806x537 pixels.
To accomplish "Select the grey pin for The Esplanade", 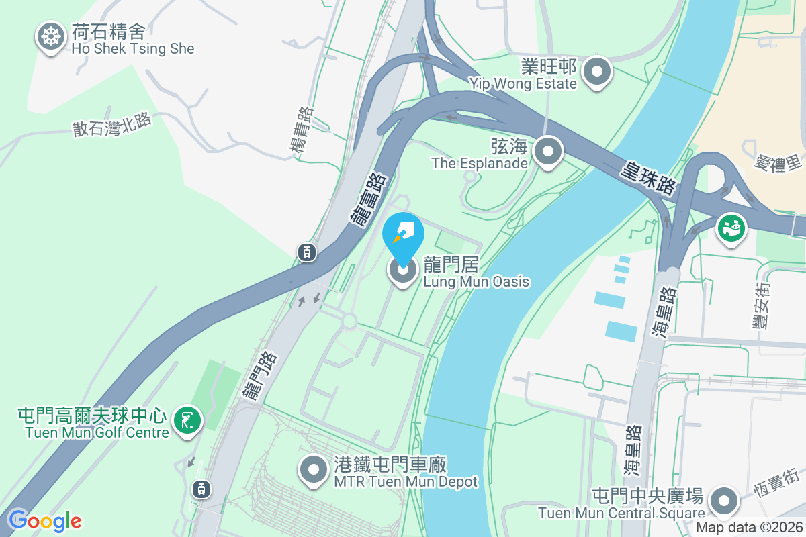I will pos(548,152).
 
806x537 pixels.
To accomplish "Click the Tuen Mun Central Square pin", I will pos(724,501).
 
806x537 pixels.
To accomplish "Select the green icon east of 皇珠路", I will pos(731,229).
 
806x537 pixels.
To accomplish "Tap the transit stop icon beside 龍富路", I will pos(306,252).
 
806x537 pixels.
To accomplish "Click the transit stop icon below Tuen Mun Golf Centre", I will pos(201,489).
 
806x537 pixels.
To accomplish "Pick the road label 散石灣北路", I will pos(112,124).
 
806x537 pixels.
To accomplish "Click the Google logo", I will pos(44,520).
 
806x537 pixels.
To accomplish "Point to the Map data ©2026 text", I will pos(748,528).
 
